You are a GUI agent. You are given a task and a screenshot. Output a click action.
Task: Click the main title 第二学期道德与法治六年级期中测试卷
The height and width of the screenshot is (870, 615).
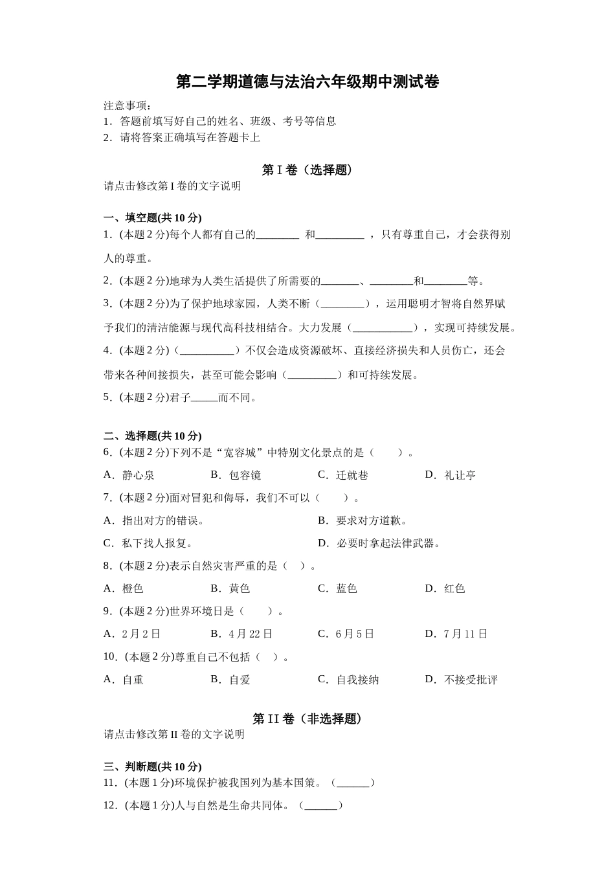coord(307,82)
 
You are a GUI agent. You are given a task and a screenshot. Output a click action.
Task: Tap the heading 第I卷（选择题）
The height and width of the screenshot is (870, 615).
coord(307,170)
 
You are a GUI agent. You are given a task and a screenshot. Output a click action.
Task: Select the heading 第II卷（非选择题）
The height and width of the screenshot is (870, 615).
coord(307,719)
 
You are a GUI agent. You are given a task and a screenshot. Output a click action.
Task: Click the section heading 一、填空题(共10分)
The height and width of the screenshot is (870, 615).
coord(153,217)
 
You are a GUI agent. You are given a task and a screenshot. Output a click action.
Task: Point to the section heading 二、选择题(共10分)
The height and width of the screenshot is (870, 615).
coord(153,436)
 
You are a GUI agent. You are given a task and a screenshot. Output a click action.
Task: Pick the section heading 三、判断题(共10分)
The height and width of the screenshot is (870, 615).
coord(153,766)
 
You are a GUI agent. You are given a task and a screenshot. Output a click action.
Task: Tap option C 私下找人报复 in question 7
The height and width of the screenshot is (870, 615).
coord(149,543)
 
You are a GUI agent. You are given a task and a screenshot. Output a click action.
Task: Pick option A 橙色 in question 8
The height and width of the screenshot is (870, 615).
coord(124,588)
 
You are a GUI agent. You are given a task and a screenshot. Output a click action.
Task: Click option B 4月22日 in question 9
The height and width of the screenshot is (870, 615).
coord(242,634)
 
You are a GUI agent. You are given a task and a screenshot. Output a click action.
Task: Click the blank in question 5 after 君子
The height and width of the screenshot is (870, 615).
coord(205,398)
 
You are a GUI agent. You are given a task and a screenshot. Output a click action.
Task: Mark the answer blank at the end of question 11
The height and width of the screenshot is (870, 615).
coord(353,783)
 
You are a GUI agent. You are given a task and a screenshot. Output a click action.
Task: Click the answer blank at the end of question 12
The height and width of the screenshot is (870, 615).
coord(320,806)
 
